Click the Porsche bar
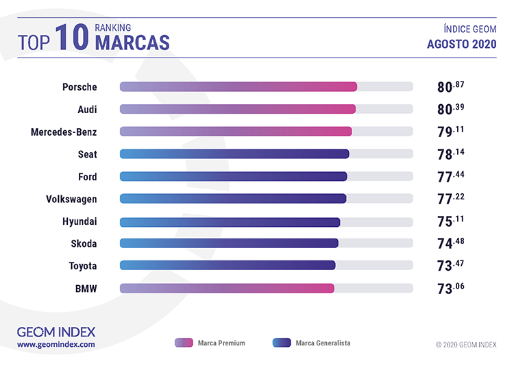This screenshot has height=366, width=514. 238,86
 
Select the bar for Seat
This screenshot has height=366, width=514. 234,154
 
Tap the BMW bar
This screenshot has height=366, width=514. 227,289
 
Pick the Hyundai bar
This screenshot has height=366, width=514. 230,222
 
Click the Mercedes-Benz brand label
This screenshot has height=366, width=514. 64,132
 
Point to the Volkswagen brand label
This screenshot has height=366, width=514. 71,199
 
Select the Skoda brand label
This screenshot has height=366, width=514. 84,243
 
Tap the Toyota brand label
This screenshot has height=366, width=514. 83,266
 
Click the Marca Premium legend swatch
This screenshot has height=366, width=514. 184,343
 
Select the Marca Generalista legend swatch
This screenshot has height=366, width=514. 282,343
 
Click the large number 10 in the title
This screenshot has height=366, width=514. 73,36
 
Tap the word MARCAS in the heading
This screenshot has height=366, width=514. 132,42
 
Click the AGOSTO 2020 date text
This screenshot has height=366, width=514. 461,45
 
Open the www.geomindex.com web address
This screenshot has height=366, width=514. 56,345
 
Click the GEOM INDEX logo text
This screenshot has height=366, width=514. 56,332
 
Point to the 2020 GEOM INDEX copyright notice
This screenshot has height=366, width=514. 465,344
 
